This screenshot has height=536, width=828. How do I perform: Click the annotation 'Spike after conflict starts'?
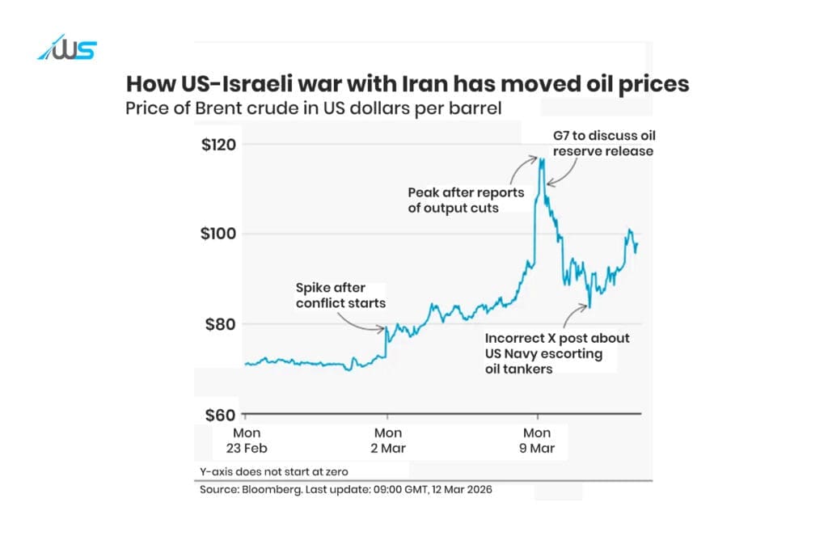pyautogui.click(x=340, y=295)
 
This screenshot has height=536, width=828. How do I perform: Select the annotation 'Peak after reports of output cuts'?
pyautogui.click(x=466, y=200)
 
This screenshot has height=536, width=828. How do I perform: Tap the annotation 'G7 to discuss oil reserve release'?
pyautogui.click(x=603, y=142)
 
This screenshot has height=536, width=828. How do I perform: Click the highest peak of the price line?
pyautogui.click(x=541, y=158)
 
